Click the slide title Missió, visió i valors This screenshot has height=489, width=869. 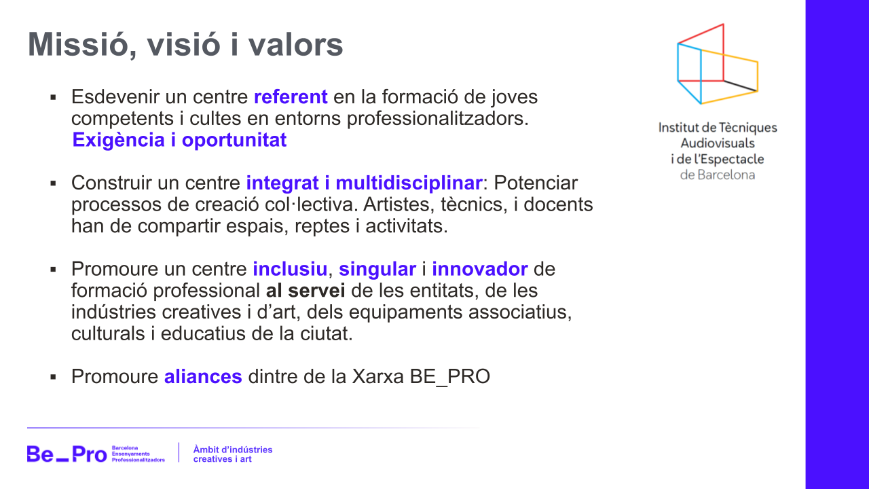(x=185, y=45)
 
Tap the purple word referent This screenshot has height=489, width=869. (x=291, y=97)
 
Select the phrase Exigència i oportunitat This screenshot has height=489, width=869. (x=179, y=141)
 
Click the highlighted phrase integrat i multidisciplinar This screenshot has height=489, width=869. (x=364, y=183)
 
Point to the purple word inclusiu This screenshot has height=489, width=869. (x=290, y=270)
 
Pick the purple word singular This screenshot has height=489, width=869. (x=377, y=270)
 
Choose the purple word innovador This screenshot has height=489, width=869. (x=479, y=270)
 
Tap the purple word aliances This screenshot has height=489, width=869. (x=203, y=377)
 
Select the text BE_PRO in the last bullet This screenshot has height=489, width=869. (x=450, y=377)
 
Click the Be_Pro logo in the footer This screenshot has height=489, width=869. (x=67, y=454)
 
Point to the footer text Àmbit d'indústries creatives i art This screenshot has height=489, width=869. (x=233, y=454)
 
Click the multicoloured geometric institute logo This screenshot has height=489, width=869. (x=718, y=65)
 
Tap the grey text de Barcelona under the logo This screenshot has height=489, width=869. (x=718, y=175)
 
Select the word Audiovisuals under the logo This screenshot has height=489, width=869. (x=718, y=143)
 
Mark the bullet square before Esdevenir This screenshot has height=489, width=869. (x=52, y=98)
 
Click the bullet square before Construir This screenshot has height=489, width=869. (x=52, y=184)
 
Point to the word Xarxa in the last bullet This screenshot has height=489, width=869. (x=378, y=377)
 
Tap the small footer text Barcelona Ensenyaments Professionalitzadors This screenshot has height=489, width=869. (x=138, y=454)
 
